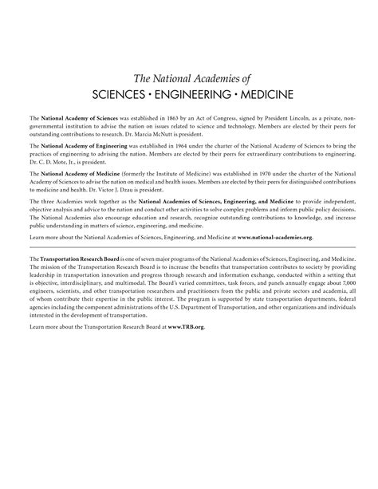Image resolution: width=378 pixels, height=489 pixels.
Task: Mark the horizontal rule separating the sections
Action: (x=189, y=247)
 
